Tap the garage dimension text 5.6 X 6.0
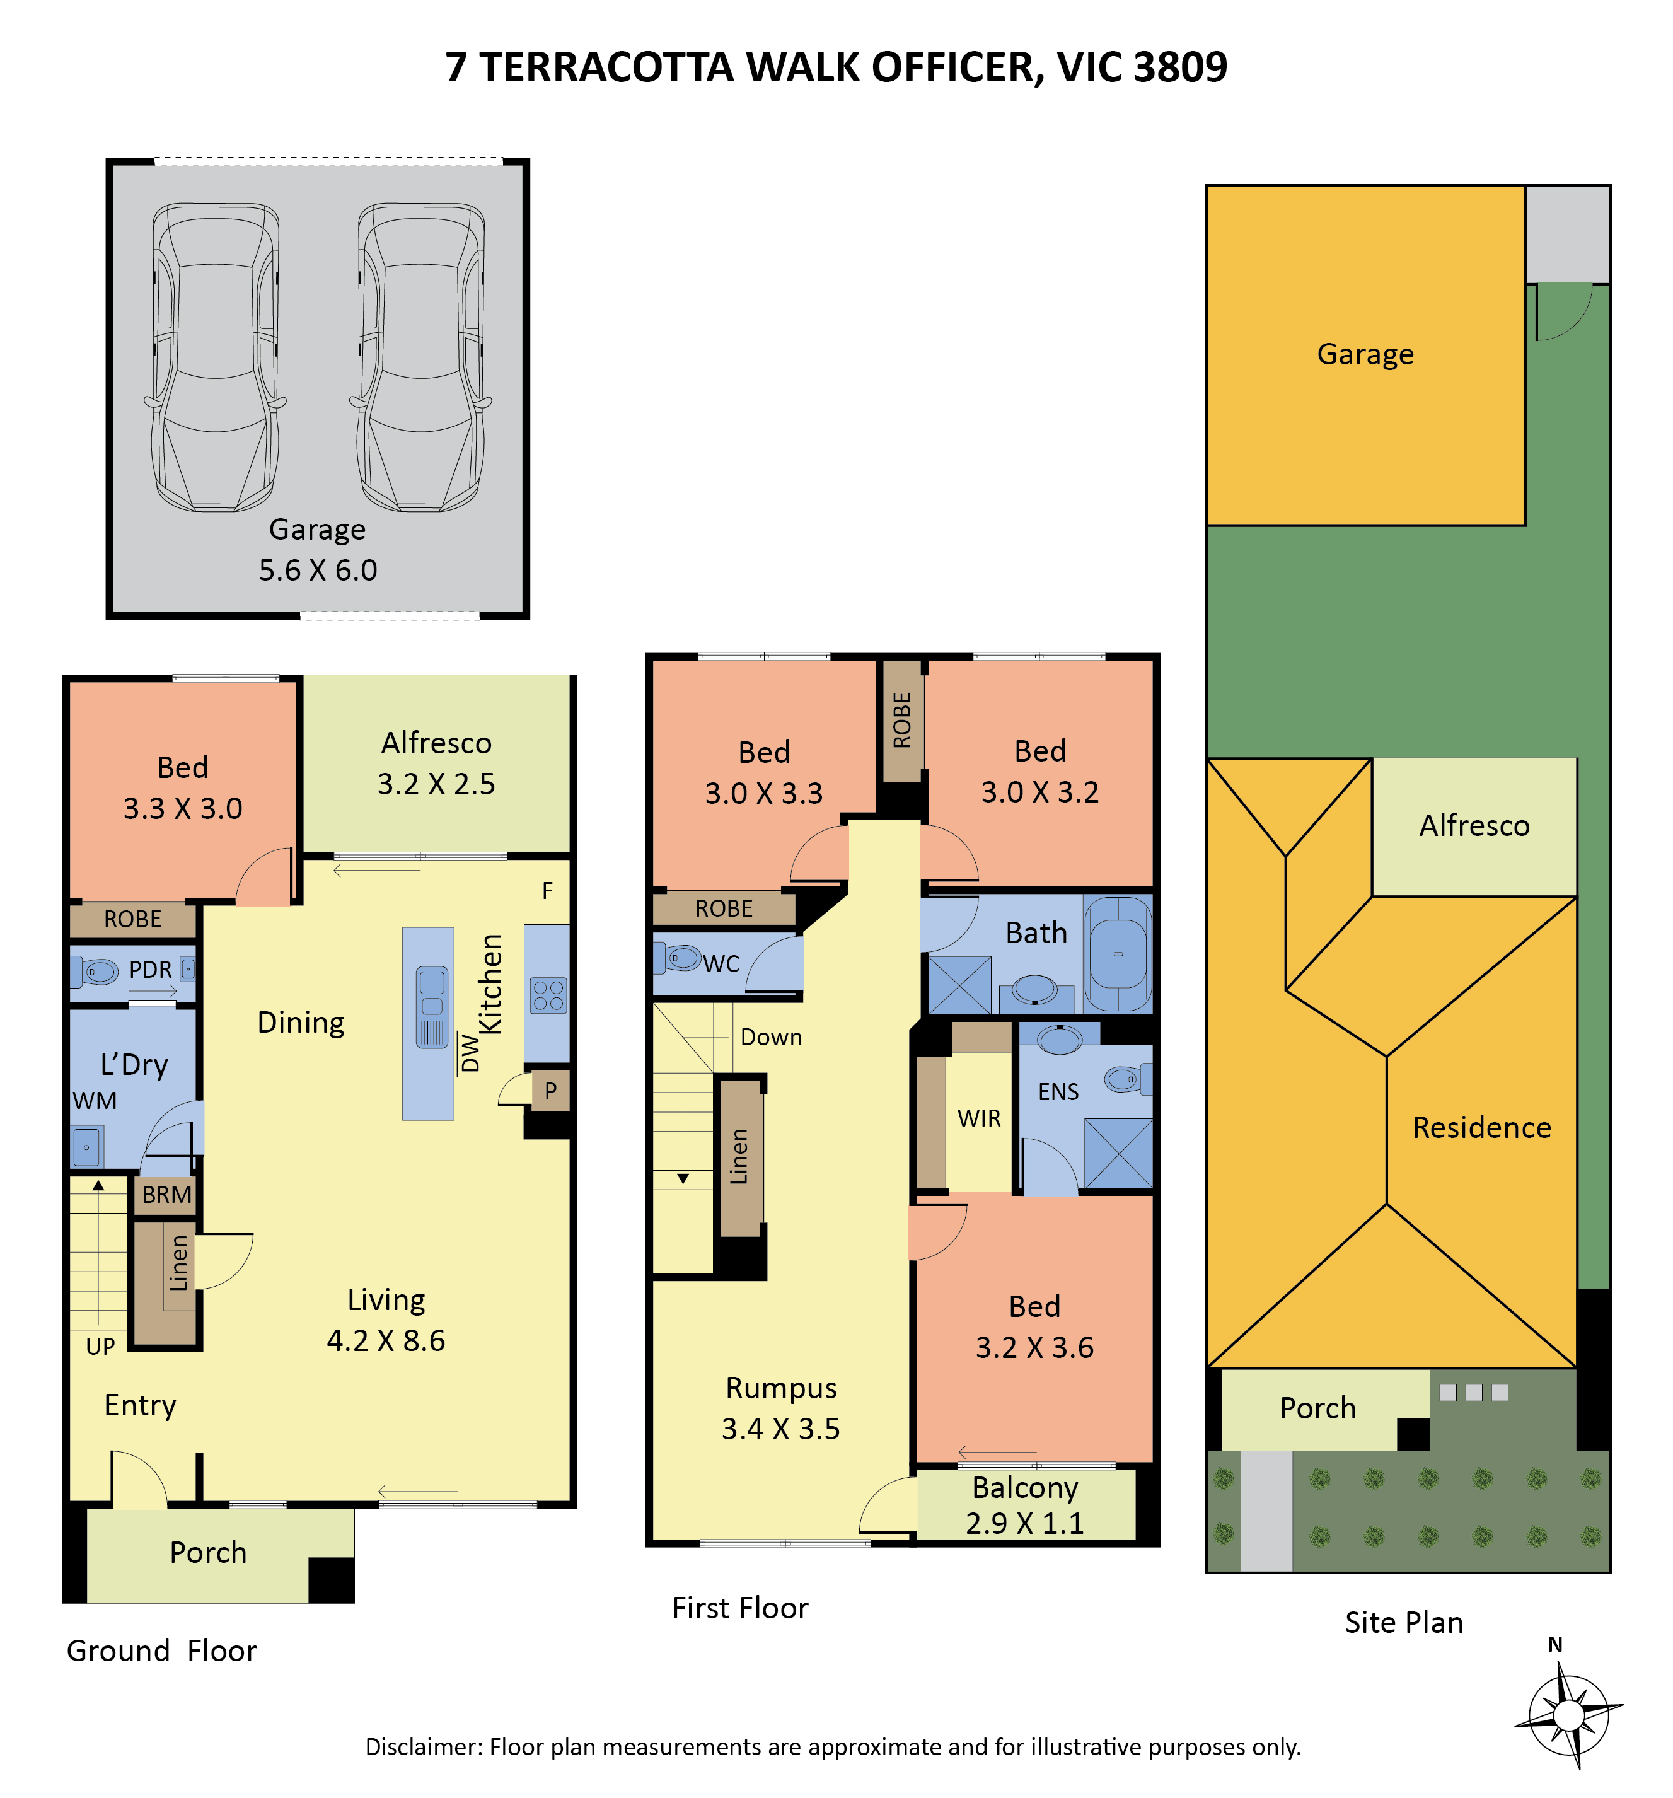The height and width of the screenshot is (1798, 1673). (x=318, y=570)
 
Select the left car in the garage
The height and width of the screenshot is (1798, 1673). (x=215, y=357)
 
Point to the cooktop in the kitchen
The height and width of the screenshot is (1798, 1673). (x=548, y=994)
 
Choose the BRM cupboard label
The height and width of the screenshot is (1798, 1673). (x=166, y=1194)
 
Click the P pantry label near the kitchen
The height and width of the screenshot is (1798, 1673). (x=550, y=1091)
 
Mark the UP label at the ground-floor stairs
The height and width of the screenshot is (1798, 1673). (x=100, y=1346)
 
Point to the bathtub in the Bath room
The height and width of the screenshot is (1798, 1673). (x=1118, y=954)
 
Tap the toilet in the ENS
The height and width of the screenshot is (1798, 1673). (x=1128, y=1078)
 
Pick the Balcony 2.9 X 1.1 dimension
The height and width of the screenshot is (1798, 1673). (x=1024, y=1523)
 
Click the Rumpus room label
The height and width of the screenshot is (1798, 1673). (x=781, y=1388)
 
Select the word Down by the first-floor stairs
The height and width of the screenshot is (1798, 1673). (x=770, y=1036)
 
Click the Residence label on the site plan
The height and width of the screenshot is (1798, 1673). (x=1481, y=1127)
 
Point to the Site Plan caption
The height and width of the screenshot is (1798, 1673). (x=1403, y=1621)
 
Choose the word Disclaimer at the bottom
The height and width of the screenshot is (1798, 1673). (x=423, y=1746)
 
